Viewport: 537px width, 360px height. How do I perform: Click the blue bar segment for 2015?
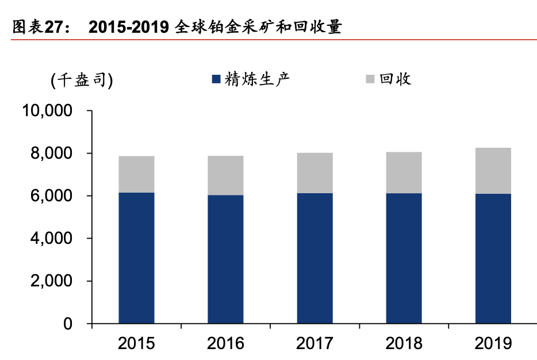136,258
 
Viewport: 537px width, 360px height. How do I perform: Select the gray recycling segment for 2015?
136,174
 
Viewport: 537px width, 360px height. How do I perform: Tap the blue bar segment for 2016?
225,259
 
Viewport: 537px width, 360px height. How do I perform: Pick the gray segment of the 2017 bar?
314,173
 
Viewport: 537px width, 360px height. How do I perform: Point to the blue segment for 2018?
404,258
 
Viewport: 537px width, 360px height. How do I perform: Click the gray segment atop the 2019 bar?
493,171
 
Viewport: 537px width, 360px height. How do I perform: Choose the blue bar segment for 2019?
493,259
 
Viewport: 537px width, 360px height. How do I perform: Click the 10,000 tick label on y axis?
48,111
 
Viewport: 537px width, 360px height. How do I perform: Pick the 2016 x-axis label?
225,343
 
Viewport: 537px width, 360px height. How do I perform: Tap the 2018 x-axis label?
404,343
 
